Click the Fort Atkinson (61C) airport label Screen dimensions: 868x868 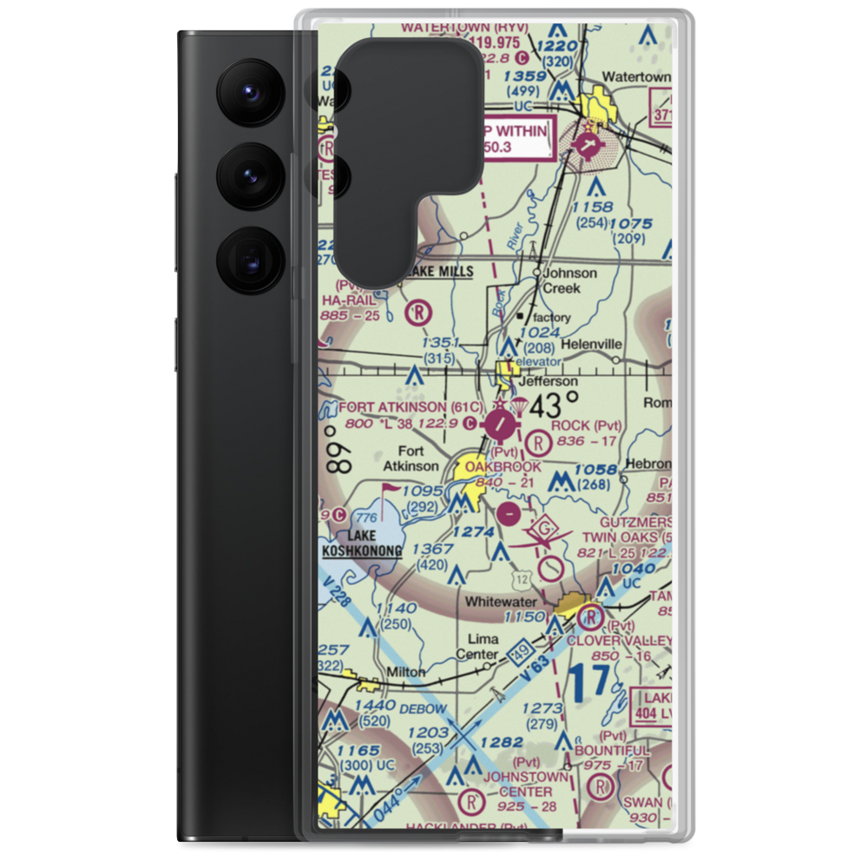pyautogui.click(x=400, y=406)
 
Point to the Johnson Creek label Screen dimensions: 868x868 pyautogui.click(x=569, y=279)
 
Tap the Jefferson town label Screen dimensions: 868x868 pyautogui.click(x=548, y=381)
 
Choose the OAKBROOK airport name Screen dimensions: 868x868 pyautogui.click(x=503, y=467)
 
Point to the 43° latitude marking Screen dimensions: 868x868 pyautogui.click(x=554, y=404)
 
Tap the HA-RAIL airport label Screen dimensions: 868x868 pyautogui.click(x=349, y=299)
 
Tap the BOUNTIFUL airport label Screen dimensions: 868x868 pyautogui.click(x=611, y=750)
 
